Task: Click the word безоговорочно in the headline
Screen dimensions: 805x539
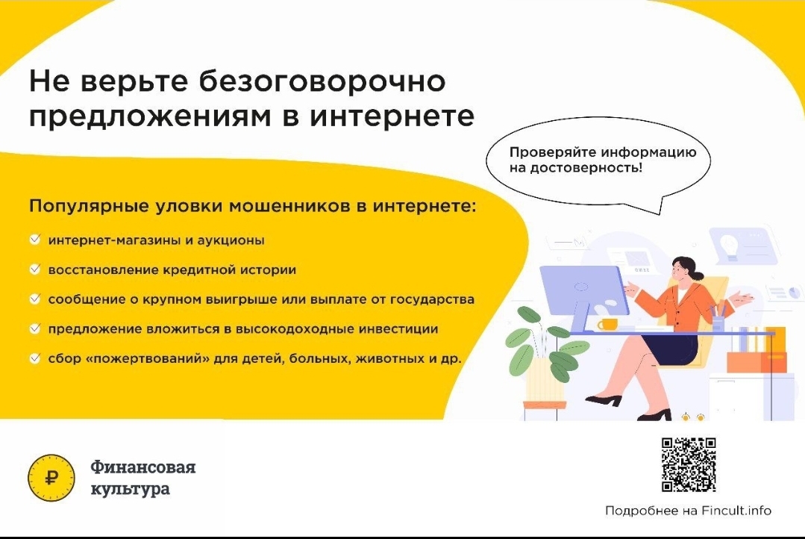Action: coord(322,81)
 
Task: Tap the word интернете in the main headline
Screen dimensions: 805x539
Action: coord(392,117)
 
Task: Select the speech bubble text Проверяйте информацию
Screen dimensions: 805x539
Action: coord(603,152)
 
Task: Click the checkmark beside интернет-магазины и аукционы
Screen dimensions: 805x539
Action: coord(35,240)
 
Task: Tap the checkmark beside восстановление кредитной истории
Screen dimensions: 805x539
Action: coord(35,269)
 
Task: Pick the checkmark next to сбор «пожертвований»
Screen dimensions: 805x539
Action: coord(35,358)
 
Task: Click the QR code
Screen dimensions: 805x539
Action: coord(689,464)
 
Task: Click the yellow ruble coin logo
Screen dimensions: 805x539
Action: coord(51,478)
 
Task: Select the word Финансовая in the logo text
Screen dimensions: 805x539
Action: coord(143,467)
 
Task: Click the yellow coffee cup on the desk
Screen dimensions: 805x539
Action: coord(607,325)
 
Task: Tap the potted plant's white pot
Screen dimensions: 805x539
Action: coord(545,380)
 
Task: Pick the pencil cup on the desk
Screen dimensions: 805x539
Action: coord(718,323)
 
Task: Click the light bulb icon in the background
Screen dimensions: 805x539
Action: coord(729,245)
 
